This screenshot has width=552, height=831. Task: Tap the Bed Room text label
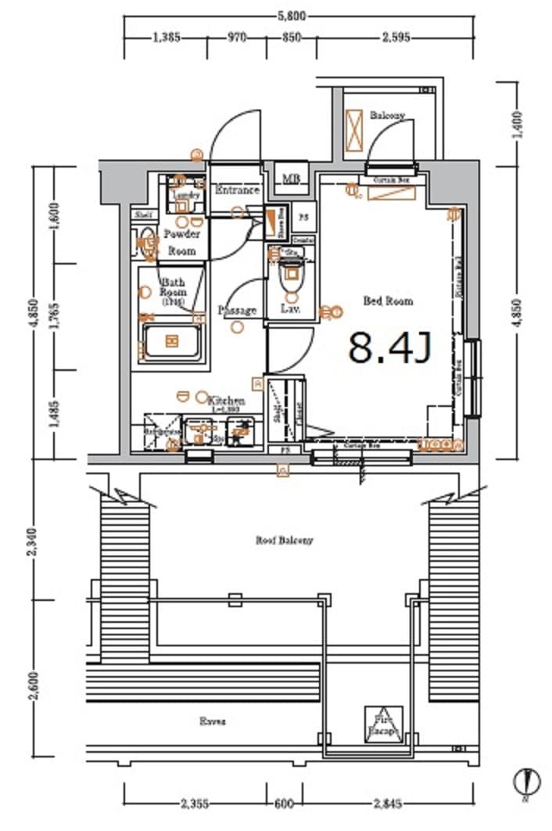tap(387, 300)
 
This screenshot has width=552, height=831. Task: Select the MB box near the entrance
tap(292, 179)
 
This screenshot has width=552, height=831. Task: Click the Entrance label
tap(237, 190)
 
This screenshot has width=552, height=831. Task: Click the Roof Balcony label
tap(285, 540)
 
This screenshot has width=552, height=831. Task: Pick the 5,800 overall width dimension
tap(298, 14)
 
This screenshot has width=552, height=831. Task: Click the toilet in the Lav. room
tap(292, 278)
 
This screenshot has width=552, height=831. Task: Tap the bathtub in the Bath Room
tap(171, 342)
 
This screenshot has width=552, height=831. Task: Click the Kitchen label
tap(227, 401)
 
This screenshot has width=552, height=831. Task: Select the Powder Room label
tap(181, 243)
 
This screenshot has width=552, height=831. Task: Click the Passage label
tap(237, 311)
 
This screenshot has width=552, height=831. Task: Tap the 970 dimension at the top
tap(236, 37)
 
